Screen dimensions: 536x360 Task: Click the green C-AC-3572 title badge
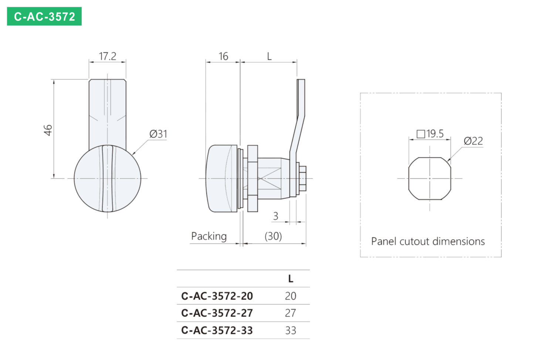click(44, 16)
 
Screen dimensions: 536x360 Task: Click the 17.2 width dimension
click(108, 56)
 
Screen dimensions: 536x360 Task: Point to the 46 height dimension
click(48, 130)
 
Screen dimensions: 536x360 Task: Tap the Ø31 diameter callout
click(158, 134)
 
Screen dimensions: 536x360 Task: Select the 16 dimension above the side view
click(223, 57)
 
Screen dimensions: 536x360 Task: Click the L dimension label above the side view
click(269, 57)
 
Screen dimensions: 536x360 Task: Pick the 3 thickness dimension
click(276, 216)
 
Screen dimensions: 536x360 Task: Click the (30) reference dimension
click(273, 236)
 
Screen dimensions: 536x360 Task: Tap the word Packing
click(209, 236)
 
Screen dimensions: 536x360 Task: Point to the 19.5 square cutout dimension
click(430, 134)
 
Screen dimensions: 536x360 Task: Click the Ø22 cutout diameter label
click(473, 141)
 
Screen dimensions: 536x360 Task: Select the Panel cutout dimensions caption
click(428, 242)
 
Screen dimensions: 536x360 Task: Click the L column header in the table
click(291, 279)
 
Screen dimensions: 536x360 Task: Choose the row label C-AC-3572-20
click(217, 296)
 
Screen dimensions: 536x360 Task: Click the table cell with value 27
click(291, 313)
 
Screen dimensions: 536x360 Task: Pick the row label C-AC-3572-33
click(217, 330)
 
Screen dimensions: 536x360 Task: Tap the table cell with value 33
click(291, 330)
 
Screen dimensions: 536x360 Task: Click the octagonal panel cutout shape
click(409, 178)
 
